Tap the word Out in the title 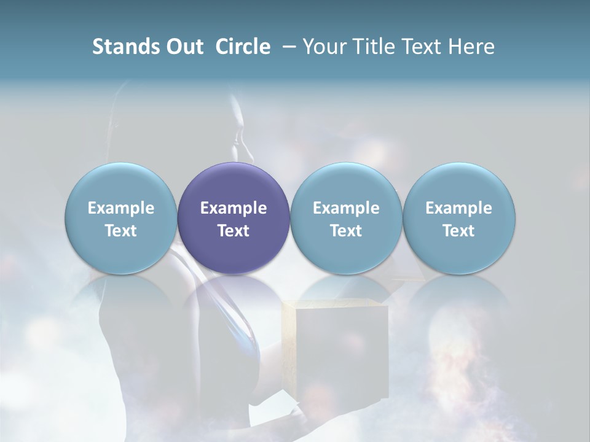(184, 47)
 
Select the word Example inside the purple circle (234, 208)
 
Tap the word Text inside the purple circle (234, 231)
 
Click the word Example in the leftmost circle (121, 208)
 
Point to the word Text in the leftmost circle (121, 231)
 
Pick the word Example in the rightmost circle (458, 208)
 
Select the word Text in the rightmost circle (458, 231)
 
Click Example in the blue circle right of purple (346, 208)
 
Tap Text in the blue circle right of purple (346, 231)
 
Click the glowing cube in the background (336, 344)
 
